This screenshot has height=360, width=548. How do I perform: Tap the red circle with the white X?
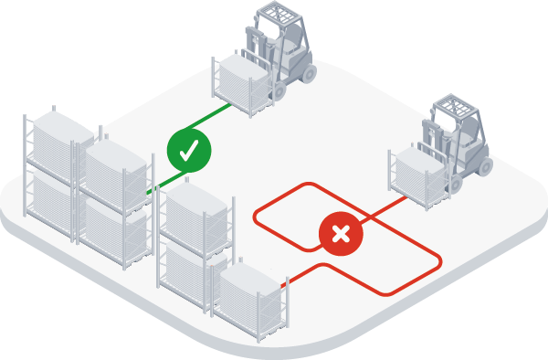pos(341,234)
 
